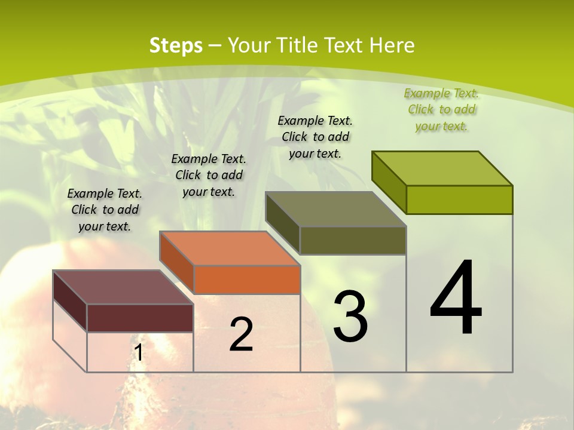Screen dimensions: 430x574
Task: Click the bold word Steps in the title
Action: pyautogui.click(x=176, y=45)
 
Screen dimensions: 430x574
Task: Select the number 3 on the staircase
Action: pyautogui.click(x=350, y=317)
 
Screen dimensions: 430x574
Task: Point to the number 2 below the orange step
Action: pyautogui.click(x=241, y=334)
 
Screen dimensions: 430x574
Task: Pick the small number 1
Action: pyautogui.click(x=138, y=353)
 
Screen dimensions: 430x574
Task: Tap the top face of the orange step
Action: pyautogui.click(x=230, y=248)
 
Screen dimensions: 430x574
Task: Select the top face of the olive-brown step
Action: pyautogui.click(x=335, y=209)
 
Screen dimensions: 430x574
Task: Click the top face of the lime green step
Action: pyautogui.click(x=442, y=168)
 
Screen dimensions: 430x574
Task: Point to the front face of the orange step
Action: pyautogui.click(x=247, y=279)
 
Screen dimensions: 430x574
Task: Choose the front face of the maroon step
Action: pyautogui.click(x=140, y=318)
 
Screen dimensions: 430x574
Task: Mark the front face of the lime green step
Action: pyautogui.click(x=459, y=199)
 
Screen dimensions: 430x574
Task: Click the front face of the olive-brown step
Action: pyautogui.click(x=353, y=240)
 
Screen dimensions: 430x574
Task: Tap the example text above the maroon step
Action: pyautogui.click(x=105, y=210)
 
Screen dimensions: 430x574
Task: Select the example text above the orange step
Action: pyautogui.click(x=209, y=175)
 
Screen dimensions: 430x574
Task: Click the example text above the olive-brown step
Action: pyautogui.click(x=315, y=137)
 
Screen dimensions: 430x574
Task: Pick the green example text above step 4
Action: pyautogui.click(x=441, y=109)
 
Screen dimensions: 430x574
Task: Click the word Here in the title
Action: pyautogui.click(x=392, y=45)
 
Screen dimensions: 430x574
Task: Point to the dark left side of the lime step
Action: pyautogui.click(x=389, y=182)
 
